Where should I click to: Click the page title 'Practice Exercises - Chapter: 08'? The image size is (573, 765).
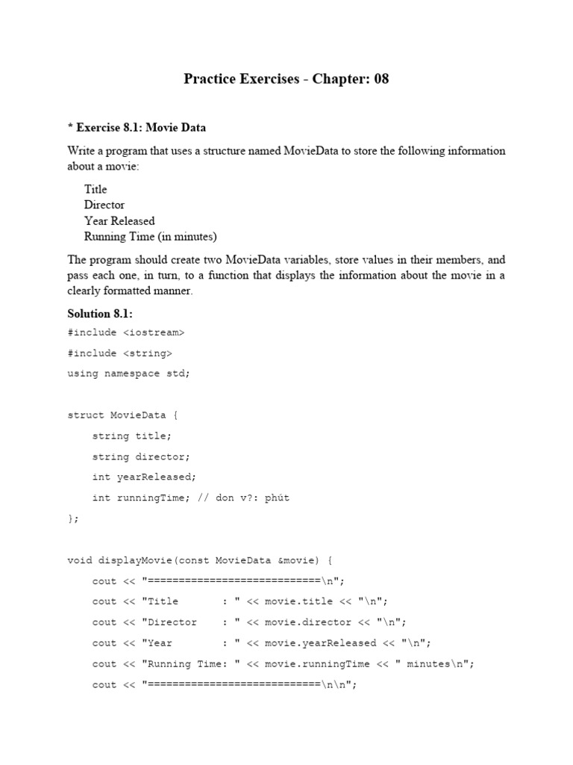pos(286,79)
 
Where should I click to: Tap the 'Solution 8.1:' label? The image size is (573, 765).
pos(100,314)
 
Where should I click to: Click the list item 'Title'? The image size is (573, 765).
pos(95,189)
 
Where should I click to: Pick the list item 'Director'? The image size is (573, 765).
pos(104,205)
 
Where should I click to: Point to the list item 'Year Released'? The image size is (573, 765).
pos(119,221)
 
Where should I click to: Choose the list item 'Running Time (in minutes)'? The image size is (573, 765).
pos(151,237)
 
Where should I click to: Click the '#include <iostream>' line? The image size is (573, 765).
pos(125,332)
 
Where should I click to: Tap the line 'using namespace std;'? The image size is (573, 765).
pos(128,374)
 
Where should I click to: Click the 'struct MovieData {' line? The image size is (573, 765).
pos(122,415)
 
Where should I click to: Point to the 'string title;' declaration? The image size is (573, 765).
pos(131,436)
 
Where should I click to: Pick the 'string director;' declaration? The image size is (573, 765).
pos(141,456)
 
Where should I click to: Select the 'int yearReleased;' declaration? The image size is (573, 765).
pos(144,477)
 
